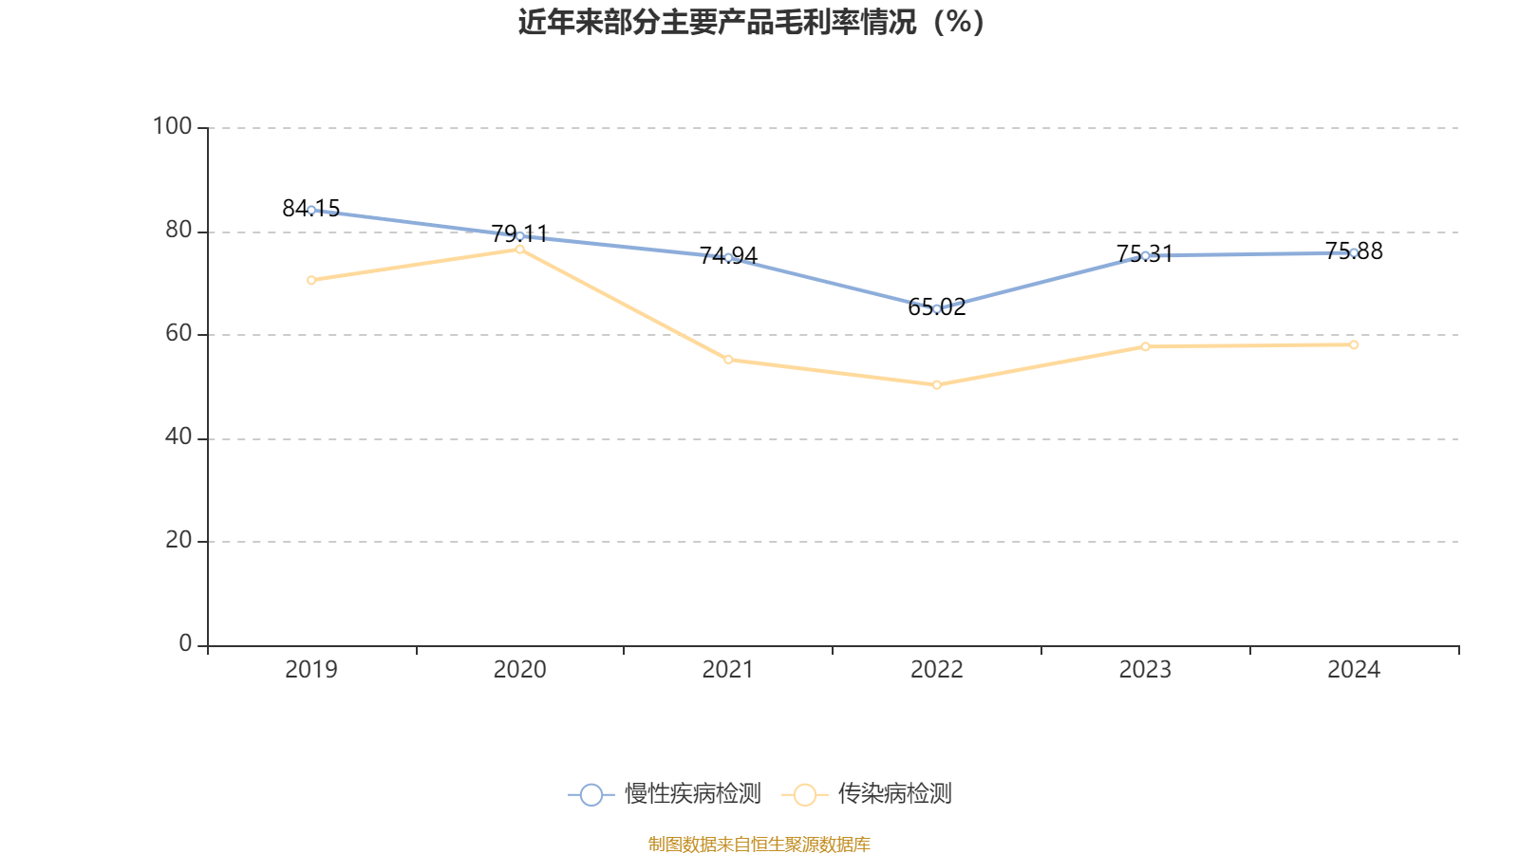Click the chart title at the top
[751, 22]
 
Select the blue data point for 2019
[311, 210]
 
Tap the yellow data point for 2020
[520, 250]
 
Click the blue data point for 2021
[728, 257]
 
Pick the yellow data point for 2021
[728, 360]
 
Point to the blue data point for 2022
[937, 308]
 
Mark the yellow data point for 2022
[937, 385]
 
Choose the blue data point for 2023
[1145, 255]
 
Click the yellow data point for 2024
[1354, 344]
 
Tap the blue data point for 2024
[1354, 252]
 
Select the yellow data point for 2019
[311, 280]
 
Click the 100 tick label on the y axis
[172, 126]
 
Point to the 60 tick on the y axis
[178, 334]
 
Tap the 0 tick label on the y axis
[185, 644]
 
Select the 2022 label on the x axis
[937, 670]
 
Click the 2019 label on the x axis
[311, 670]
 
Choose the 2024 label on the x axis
[1354, 670]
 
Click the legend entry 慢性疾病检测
[665, 794]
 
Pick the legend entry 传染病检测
[867, 794]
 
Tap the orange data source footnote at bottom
[759, 844]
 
